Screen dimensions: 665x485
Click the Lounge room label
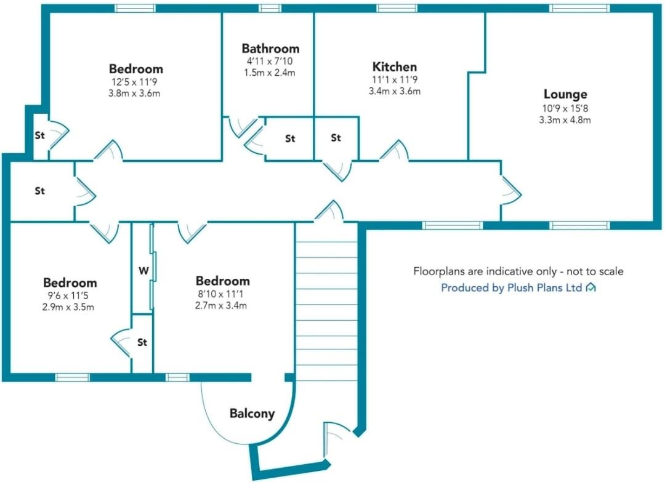565,95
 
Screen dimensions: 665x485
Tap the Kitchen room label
394,66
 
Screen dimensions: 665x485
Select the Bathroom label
270,48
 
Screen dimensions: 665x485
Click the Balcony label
252,414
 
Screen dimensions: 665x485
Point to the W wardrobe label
143,270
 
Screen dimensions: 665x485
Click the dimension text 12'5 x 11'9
135,82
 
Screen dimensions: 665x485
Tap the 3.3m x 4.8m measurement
565,120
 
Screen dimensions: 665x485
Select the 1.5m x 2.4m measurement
270,73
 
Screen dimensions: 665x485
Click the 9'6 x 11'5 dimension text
70,295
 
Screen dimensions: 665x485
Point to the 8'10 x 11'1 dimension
222,294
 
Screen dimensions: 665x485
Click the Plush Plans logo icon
590,287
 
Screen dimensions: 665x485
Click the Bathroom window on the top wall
269,8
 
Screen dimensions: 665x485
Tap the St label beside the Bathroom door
290,139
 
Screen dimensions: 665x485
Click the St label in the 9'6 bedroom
142,342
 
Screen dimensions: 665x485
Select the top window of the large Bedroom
135,8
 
